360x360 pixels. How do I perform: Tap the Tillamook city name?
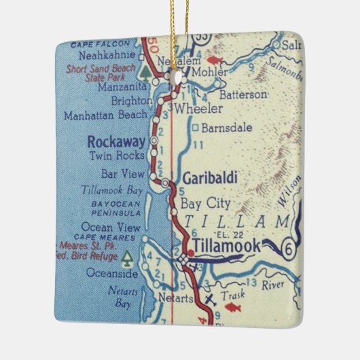click(x=226, y=247)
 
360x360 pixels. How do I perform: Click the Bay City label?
click(x=205, y=203)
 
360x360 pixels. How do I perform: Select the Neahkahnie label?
click(x=107, y=56)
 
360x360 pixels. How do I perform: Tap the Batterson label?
click(x=242, y=94)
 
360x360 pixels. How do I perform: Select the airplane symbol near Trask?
click(x=209, y=299)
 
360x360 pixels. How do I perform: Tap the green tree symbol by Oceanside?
click(x=126, y=257)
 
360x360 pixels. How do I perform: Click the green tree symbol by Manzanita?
click(x=144, y=71)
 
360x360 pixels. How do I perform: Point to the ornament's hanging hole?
click(x=181, y=79)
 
